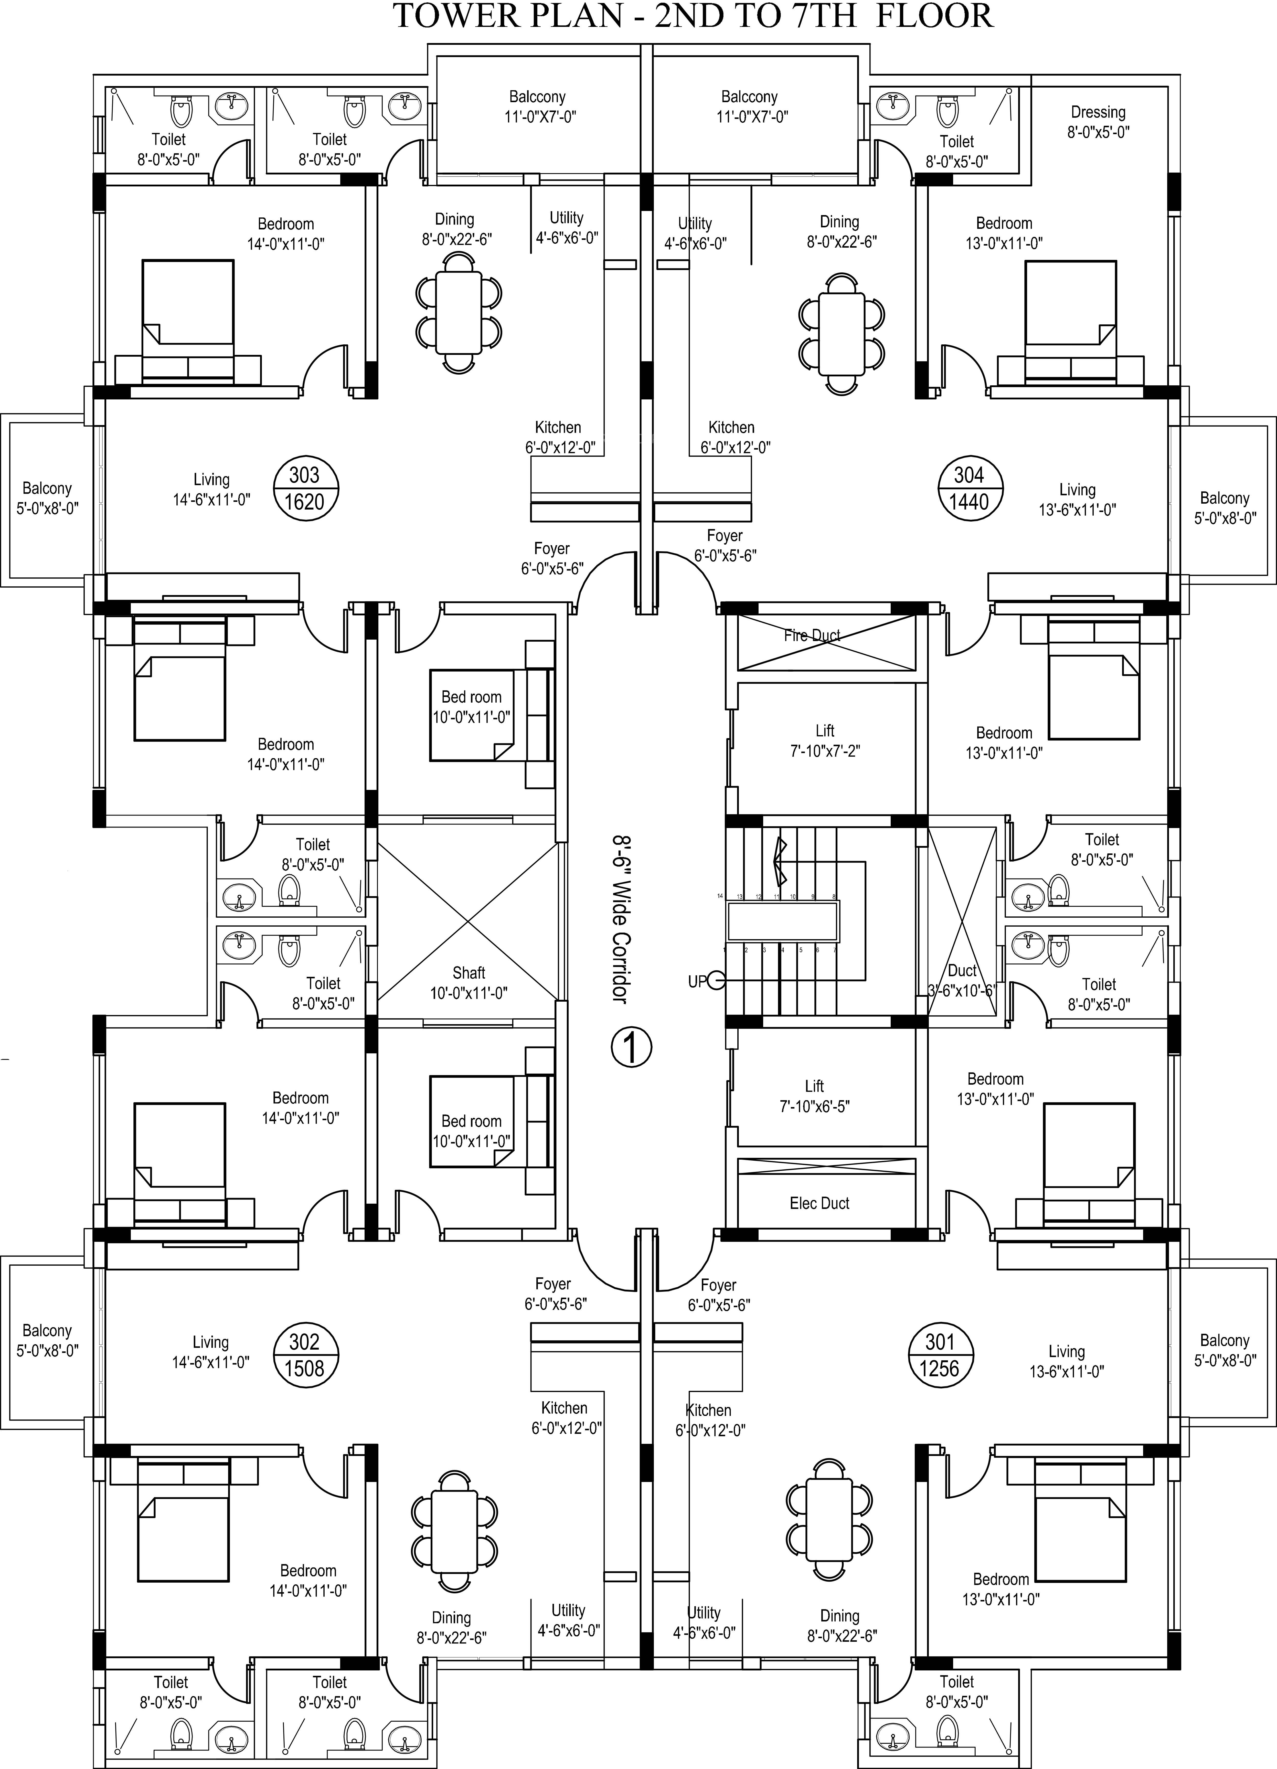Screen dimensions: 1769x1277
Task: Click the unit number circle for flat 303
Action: [304, 488]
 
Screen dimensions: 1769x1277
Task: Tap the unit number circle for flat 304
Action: [969, 488]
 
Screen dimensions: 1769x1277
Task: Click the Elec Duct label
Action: [819, 1203]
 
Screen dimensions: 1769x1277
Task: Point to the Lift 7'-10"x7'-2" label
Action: [825, 740]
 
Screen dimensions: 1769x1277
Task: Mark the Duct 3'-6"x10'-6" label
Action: [962, 980]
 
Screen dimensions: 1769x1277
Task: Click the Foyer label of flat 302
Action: [554, 1293]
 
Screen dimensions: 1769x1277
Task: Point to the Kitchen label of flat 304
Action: [732, 437]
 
